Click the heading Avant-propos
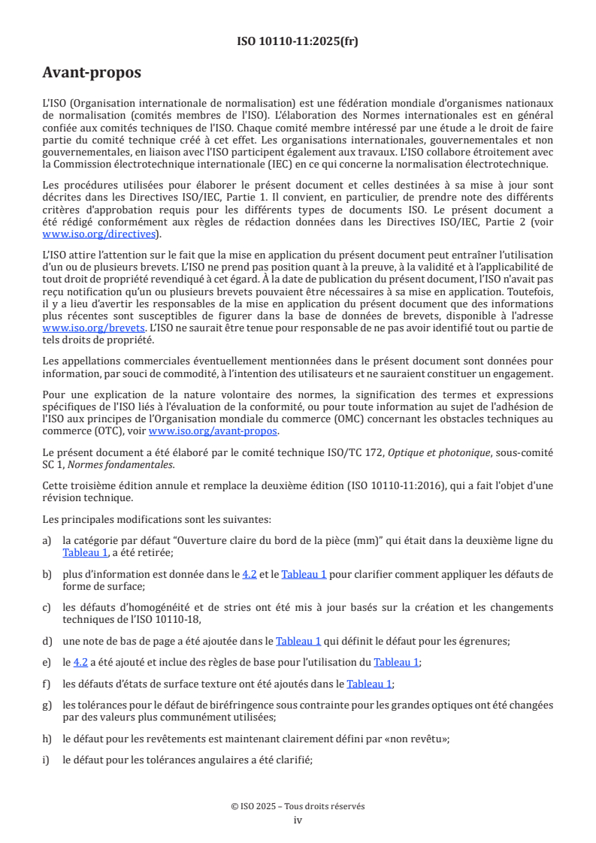[x=92, y=73]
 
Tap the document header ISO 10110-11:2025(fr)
[x=298, y=41]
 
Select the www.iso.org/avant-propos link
[x=213, y=431]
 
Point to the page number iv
[x=298, y=820]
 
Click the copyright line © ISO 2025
[x=298, y=805]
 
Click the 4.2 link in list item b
[x=250, y=574]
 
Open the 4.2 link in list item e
[x=80, y=662]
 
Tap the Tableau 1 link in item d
[x=298, y=641]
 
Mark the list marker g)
[x=48, y=706]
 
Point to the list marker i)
[x=47, y=760]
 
